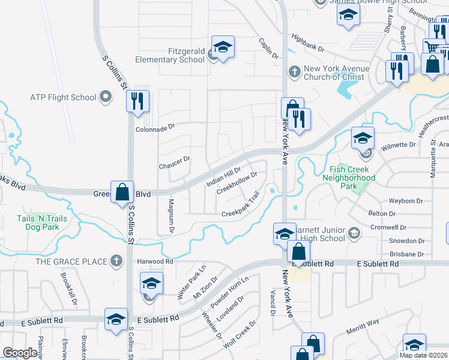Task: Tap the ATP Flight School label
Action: click(x=63, y=97)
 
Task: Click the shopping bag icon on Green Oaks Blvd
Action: click(x=122, y=192)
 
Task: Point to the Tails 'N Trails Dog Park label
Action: click(x=42, y=223)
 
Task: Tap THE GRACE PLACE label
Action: click(x=71, y=261)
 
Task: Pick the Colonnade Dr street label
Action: click(x=154, y=127)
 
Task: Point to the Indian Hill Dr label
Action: click(x=223, y=178)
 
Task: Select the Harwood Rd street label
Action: click(x=155, y=262)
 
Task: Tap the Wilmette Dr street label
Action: click(x=399, y=145)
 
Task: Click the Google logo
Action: click(x=20, y=353)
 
